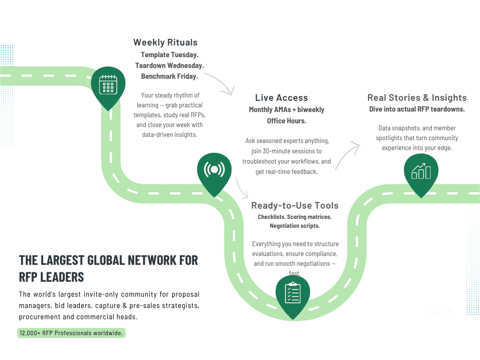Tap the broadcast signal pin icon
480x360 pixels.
pyautogui.click(x=214, y=169)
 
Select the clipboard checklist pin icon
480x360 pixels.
pyautogui.click(x=292, y=293)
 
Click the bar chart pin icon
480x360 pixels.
pyautogui.click(x=420, y=172)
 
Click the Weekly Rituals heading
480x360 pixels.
pyautogui.click(x=165, y=43)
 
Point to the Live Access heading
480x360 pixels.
pyautogui.click(x=281, y=98)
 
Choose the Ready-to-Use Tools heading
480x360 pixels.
pyautogui.click(x=294, y=206)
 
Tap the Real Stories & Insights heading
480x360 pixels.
pyautogui.click(x=417, y=98)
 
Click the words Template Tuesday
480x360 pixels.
pyautogui.click(x=169, y=55)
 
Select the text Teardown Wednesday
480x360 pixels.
pyautogui.click(x=169, y=66)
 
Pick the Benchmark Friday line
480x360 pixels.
pyautogui.click(x=169, y=76)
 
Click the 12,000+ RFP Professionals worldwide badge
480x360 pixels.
pyautogui.click(x=71, y=333)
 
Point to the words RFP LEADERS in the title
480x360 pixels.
pyautogui.click(x=52, y=277)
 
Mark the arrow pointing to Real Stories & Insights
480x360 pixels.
pyautogui.click(x=347, y=155)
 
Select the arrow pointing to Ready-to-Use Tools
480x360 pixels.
pyautogui.click(x=242, y=187)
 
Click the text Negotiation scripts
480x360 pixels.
pyautogui.click(x=294, y=226)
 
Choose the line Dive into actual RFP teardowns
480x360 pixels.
pyautogui.click(x=417, y=109)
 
